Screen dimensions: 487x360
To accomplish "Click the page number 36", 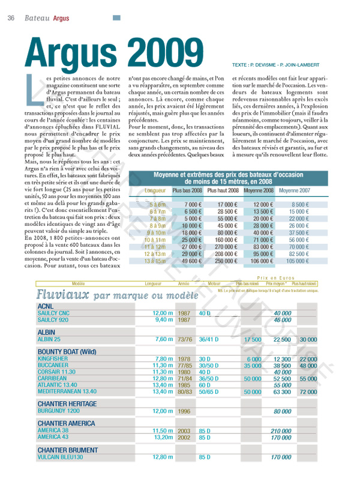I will pyautogui.click(x=11, y=17).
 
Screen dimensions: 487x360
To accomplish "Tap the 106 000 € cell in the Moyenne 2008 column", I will pyautogui.click(x=260, y=261).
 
